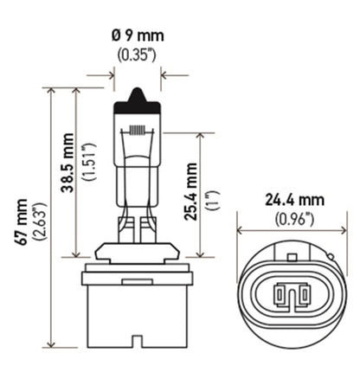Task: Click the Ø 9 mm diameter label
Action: click(137, 37)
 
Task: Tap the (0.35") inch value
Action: click(137, 56)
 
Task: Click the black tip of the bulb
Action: click(137, 96)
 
